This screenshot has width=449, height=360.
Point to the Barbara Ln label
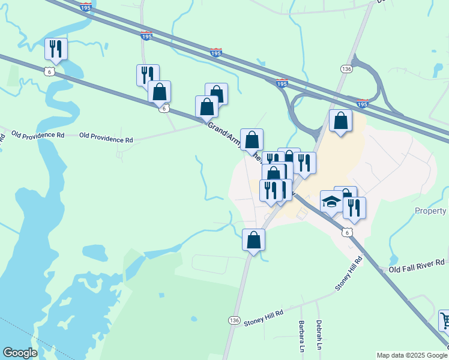pos(301,337)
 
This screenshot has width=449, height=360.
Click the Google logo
pos(20,353)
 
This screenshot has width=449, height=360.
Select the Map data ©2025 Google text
pos(411,355)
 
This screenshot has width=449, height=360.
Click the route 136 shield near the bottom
pos(234,321)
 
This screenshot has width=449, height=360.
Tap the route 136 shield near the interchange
pos(346,69)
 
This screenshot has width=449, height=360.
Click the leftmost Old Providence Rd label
pos(37,134)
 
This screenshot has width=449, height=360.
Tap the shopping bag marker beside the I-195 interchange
pos(340,121)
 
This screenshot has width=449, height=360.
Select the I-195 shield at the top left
pos(85,7)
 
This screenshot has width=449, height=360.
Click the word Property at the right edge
pos(430,211)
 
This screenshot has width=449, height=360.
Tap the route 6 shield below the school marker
pos(345,231)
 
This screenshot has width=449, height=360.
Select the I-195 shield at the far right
pos(362,103)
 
